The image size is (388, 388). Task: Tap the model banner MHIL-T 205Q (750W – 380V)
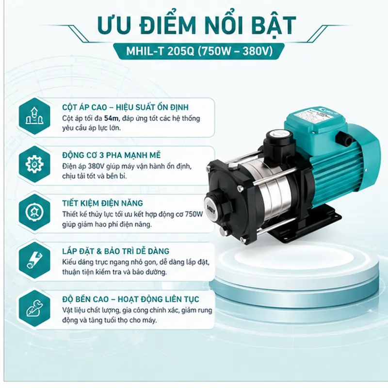199,51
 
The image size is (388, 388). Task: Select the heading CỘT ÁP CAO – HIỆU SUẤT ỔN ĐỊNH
125,107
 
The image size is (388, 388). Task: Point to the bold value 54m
112,118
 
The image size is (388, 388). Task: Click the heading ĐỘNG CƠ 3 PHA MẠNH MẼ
112,155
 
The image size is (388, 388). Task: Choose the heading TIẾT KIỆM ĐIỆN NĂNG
102,203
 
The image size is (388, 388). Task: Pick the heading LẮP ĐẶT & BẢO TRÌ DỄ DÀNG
115,251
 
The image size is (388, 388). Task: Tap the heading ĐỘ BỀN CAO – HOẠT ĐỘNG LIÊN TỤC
130,299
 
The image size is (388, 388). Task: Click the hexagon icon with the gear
34,164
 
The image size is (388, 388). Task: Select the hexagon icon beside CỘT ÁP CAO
34,116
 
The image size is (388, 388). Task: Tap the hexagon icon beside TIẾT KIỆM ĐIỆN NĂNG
34,212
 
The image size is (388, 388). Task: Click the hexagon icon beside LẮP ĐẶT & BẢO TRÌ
34,260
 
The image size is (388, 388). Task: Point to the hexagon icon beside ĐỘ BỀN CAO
34,308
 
